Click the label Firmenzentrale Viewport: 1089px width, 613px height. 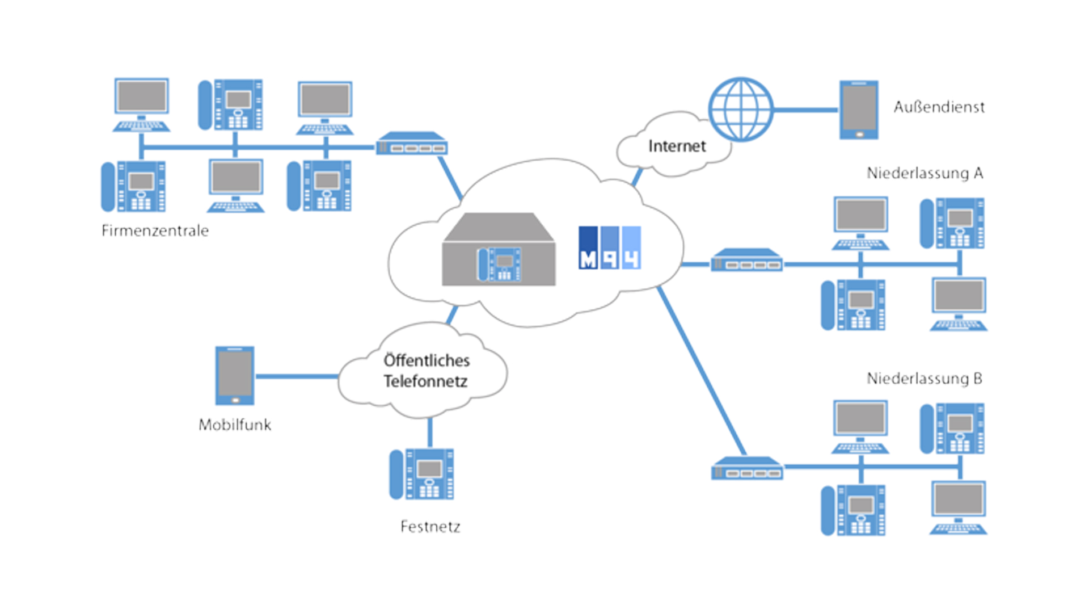[x=155, y=230]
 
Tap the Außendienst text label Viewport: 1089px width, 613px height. [x=939, y=107]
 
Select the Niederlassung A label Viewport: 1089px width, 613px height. [x=925, y=173]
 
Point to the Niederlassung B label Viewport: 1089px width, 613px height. [x=925, y=379]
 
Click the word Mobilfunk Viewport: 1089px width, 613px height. [x=235, y=425]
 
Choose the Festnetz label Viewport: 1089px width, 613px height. [x=430, y=527]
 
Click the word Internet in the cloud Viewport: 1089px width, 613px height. [x=677, y=146]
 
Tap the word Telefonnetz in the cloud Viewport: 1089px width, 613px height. [x=425, y=381]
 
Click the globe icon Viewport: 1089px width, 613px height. [x=741, y=109]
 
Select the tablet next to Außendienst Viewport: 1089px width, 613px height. [x=859, y=110]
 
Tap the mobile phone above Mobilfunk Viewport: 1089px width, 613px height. [x=235, y=376]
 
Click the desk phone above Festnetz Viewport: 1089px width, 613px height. [x=422, y=475]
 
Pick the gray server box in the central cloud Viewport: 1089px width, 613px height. [x=499, y=250]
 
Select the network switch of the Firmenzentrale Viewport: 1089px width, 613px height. [x=412, y=144]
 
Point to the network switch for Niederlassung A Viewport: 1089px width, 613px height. [x=746, y=261]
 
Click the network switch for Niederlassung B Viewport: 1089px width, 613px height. [x=747, y=469]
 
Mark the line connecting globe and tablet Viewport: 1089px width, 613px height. [x=806, y=110]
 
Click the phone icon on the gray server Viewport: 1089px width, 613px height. [x=499, y=264]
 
